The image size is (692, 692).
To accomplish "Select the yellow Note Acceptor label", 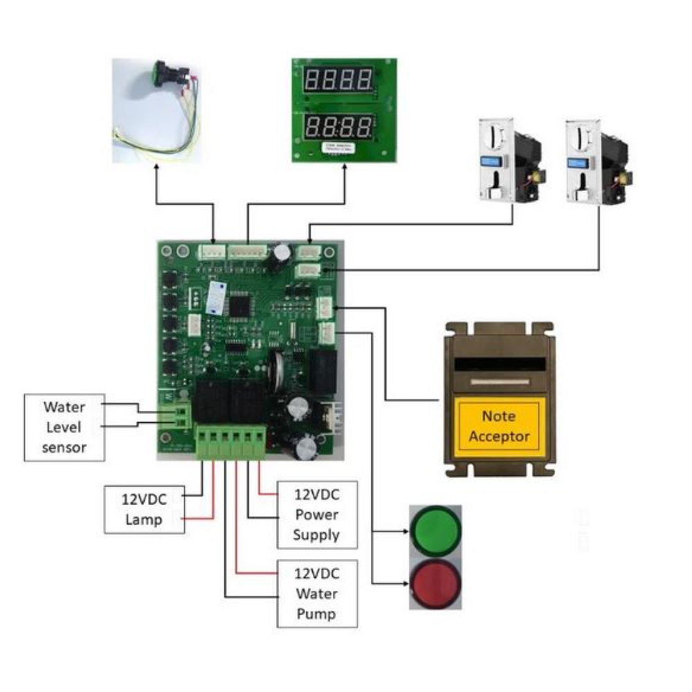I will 498,426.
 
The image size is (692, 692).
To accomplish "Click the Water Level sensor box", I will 64,427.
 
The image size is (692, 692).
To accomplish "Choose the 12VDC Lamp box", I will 144,509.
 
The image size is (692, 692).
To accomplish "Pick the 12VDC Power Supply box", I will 316,515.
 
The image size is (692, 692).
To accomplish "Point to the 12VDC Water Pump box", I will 316,594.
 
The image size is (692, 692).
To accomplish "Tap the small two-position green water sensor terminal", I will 183,415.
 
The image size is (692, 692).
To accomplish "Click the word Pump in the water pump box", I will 316,614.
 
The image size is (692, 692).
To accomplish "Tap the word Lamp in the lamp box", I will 143,520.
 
